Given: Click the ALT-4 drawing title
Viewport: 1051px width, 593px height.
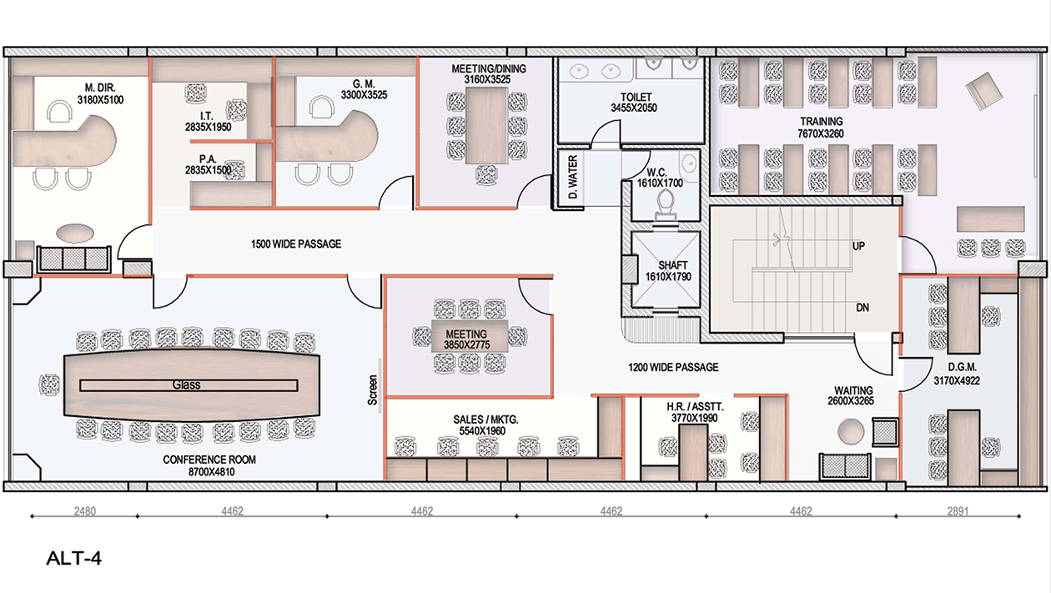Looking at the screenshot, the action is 73,558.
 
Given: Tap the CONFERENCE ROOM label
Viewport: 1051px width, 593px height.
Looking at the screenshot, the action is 209,460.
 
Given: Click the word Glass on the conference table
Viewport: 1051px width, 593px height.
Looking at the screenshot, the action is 186,385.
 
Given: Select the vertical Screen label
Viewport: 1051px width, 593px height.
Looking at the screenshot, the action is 373,389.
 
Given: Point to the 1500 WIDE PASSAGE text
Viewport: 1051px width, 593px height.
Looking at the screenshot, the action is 296,244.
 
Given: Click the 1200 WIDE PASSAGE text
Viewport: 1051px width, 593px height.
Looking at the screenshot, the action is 673,367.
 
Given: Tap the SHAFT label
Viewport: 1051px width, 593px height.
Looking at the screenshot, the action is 673,265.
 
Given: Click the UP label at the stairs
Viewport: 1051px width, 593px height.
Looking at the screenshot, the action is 858,246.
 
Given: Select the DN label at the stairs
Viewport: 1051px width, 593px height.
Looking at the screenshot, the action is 862,308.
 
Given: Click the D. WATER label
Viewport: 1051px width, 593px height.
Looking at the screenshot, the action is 573,178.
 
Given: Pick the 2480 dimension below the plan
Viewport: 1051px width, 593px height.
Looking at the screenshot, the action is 85,511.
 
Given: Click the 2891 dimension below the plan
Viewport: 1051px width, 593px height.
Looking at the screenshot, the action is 958,511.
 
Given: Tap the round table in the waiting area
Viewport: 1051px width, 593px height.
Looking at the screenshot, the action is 851,431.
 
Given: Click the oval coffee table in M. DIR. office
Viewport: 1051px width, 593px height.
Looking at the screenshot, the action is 75,234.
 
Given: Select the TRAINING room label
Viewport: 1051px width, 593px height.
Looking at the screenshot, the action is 821,122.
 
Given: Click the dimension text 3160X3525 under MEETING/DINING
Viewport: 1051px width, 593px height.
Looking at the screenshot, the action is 487,80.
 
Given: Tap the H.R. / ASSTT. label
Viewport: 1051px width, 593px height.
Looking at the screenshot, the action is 695,407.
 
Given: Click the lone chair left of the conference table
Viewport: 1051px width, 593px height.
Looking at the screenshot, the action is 49,384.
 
